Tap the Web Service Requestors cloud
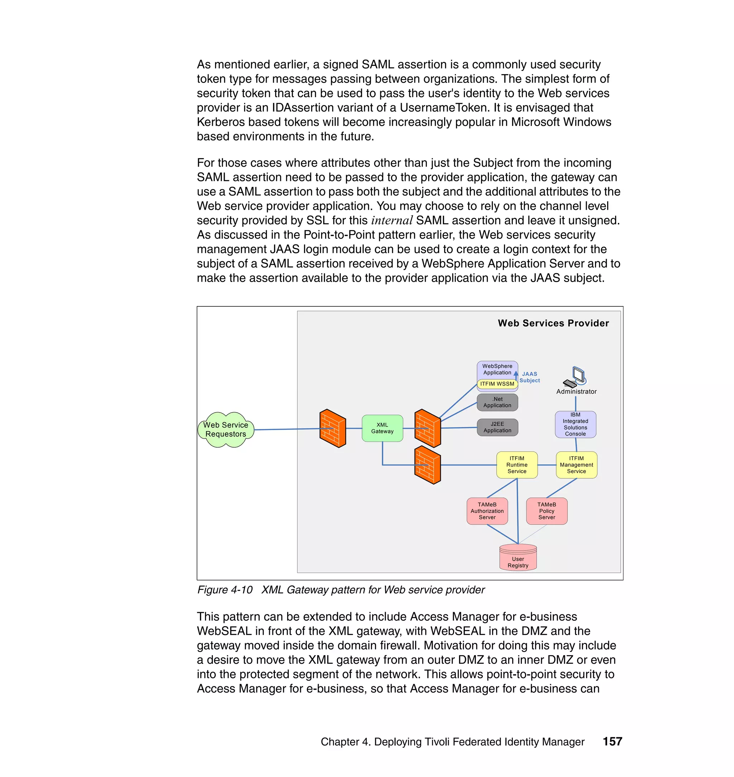tap(226, 430)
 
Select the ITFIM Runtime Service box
tap(516, 465)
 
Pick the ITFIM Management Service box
tap(576, 465)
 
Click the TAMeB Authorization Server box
tap(487, 511)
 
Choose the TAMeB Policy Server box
tap(546, 511)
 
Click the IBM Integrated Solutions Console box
tap(575, 424)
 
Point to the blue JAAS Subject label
tap(529, 377)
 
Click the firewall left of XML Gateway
tap(332, 428)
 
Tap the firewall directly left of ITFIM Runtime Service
tap(427, 465)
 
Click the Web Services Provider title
tap(553, 323)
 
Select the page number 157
tap(612, 742)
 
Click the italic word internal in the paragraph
tap(392, 221)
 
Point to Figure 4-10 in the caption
tap(225, 590)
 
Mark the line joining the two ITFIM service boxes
tap(547, 465)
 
